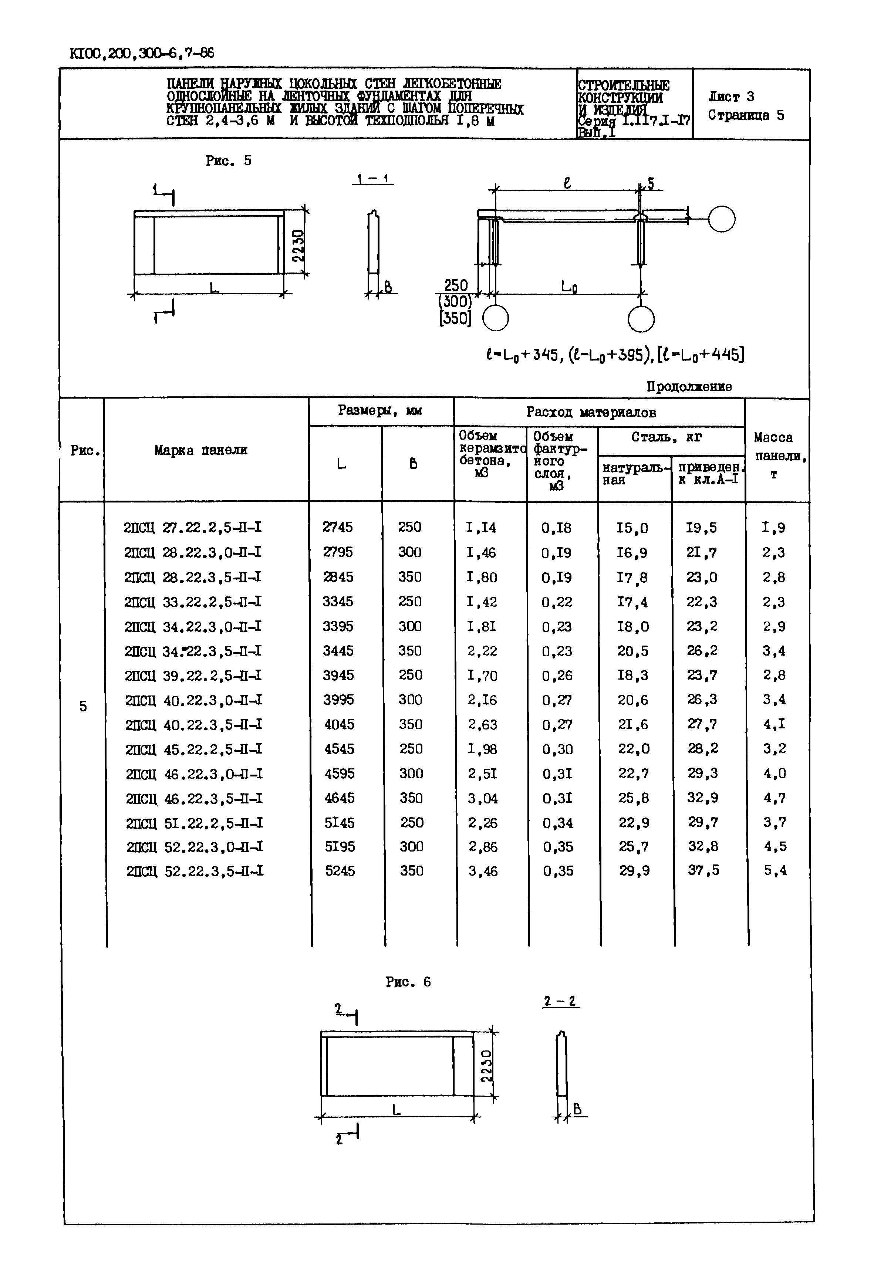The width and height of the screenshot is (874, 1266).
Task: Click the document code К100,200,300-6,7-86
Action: [x=142, y=54]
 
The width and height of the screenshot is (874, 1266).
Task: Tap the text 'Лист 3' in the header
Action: [x=730, y=97]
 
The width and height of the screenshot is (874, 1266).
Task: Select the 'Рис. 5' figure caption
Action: [x=228, y=161]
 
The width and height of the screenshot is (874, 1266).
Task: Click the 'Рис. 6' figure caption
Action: [x=408, y=982]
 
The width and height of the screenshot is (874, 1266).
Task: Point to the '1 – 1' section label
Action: [x=372, y=179]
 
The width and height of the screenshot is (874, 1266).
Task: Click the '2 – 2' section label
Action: [x=560, y=1002]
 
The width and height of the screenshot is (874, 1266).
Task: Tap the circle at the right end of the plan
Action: [x=721, y=219]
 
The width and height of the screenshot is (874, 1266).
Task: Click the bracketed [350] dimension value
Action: [x=455, y=318]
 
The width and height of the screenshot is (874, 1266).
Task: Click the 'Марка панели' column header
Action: [x=201, y=450]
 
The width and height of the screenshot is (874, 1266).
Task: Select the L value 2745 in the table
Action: [x=338, y=527]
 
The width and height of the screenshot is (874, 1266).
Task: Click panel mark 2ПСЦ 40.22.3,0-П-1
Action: [x=193, y=700]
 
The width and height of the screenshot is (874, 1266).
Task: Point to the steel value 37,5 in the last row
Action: [x=703, y=870]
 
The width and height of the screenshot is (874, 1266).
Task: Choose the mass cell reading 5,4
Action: [x=775, y=870]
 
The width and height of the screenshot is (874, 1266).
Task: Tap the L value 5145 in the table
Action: [x=340, y=823]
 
